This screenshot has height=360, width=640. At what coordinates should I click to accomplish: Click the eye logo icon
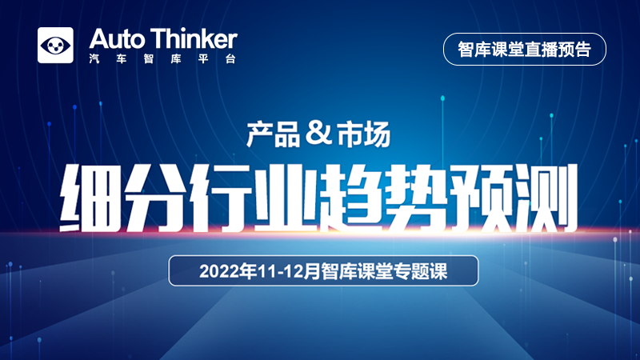55,46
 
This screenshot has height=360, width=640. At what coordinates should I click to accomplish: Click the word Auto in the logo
117,39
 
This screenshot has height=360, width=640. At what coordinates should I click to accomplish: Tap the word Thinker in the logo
194,38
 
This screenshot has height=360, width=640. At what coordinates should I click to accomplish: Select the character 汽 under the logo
94,58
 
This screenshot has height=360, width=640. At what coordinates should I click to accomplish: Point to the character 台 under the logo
230,58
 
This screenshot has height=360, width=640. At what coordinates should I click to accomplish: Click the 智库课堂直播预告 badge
525,49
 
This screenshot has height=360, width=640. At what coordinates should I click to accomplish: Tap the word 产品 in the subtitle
274,135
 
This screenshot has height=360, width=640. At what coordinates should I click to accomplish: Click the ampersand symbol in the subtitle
318,133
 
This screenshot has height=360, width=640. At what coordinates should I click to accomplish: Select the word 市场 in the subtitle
363,135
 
